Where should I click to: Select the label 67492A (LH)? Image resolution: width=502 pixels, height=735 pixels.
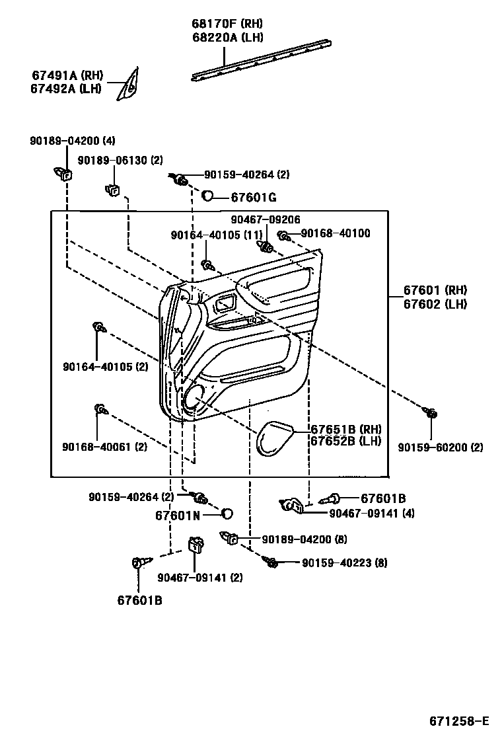(x=66, y=89)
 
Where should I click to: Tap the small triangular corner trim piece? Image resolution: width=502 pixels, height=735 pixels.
(x=129, y=85)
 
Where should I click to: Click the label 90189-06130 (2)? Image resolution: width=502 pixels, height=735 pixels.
(x=120, y=161)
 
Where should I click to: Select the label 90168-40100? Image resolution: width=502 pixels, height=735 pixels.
(x=336, y=233)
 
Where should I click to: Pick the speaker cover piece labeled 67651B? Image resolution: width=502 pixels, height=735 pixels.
(x=275, y=437)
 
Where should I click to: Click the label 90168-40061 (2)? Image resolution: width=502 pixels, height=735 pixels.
(x=105, y=447)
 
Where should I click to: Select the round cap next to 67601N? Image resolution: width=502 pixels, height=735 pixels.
(x=227, y=514)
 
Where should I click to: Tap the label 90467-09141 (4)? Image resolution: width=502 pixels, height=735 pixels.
(x=372, y=512)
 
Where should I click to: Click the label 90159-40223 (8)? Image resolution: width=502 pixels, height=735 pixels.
(x=344, y=563)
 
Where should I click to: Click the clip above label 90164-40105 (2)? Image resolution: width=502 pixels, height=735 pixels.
(x=98, y=327)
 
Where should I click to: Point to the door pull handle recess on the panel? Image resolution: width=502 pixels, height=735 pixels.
(x=226, y=305)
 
